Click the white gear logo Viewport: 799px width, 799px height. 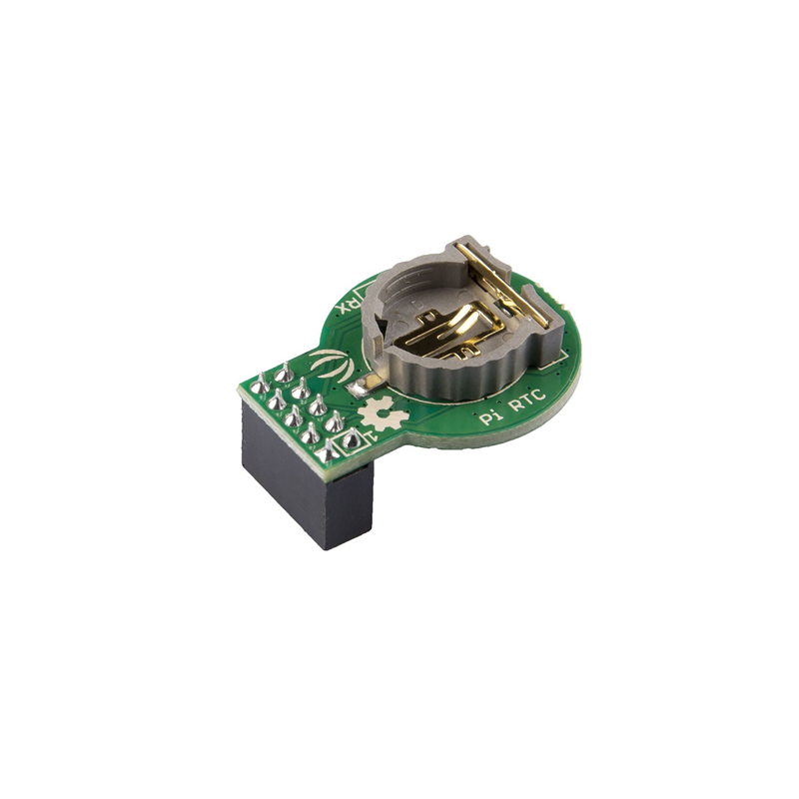tap(382, 413)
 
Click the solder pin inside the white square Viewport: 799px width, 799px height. tap(351, 439)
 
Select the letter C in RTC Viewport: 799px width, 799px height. tap(539, 397)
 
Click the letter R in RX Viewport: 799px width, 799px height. tap(350, 303)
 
